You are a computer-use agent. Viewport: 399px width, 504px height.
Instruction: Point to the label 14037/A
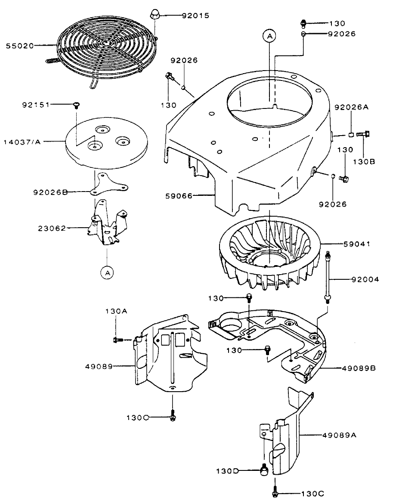[x=22, y=140]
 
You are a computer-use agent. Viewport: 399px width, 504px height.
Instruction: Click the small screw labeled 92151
[x=76, y=104]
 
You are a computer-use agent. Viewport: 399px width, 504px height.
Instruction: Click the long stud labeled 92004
[x=328, y=275]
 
